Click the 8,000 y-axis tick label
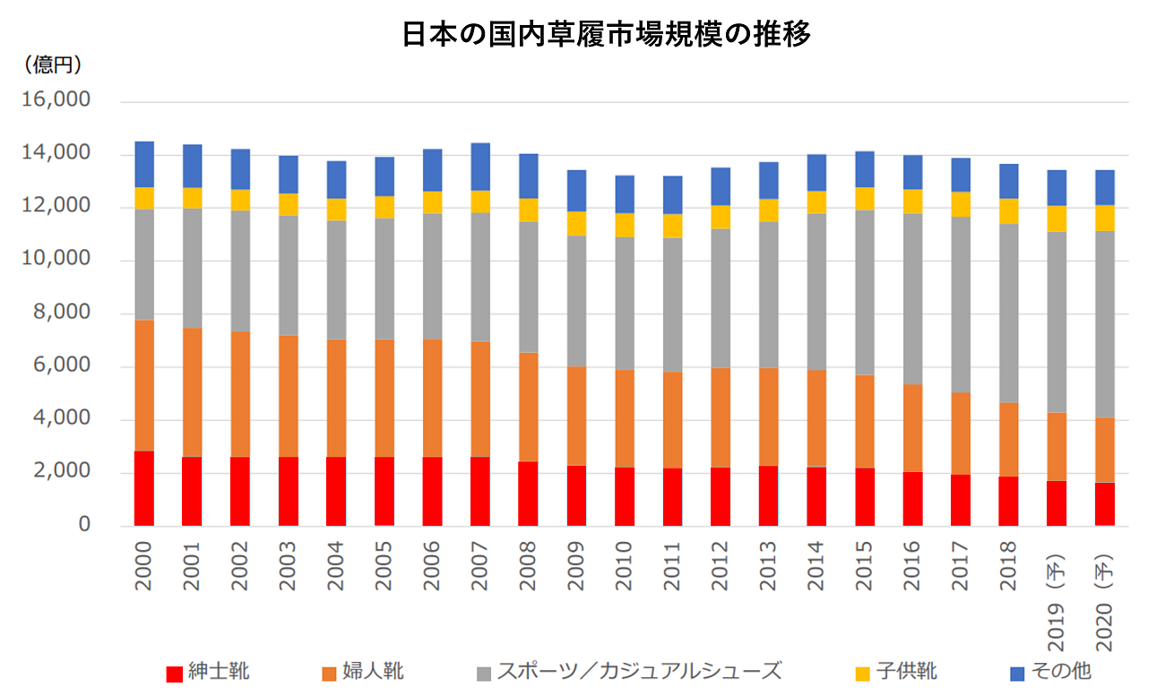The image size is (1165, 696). click(x=61, y=313)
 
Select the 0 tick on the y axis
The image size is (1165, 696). click(x=84, y=525)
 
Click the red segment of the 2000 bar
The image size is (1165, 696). click(x=144, y=488)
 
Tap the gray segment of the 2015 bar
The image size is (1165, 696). click(x=864, y=292)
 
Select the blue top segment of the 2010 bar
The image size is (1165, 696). click(x=624, y=193)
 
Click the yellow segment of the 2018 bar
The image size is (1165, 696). click(x=1008, y=211)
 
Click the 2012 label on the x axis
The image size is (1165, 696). click(x=721, y=565)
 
